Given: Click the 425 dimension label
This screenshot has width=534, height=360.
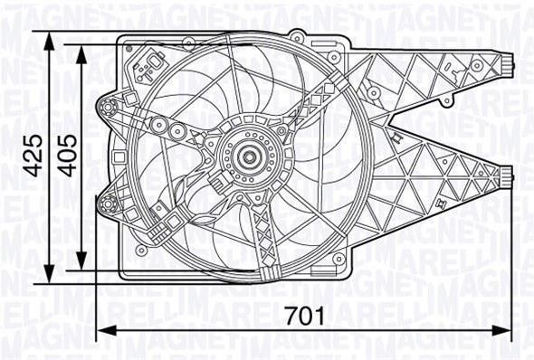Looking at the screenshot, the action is [34, 156].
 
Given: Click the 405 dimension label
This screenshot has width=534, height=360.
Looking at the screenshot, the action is [67, 156].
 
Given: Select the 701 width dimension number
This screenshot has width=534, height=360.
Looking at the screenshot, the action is [305, 316].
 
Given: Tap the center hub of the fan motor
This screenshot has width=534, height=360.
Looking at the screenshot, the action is [250, 156].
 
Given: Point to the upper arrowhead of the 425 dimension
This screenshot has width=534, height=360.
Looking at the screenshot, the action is [50, 41].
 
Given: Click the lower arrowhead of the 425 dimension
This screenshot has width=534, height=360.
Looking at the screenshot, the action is [50, 273].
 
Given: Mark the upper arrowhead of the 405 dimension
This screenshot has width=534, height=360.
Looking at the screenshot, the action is [81, 53].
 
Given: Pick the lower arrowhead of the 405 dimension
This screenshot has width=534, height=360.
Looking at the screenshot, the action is [81, 261].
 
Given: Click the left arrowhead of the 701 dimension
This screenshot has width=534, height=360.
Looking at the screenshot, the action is [107, 330].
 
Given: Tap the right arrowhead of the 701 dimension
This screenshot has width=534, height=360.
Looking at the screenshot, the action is [501, 330].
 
